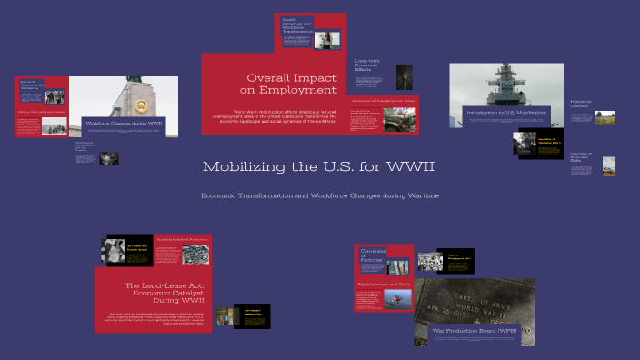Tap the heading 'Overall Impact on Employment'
pos(292,84)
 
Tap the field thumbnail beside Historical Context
pos(605,116)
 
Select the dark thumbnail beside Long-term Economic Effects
pos(405,76)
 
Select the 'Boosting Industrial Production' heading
pos(181,240)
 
